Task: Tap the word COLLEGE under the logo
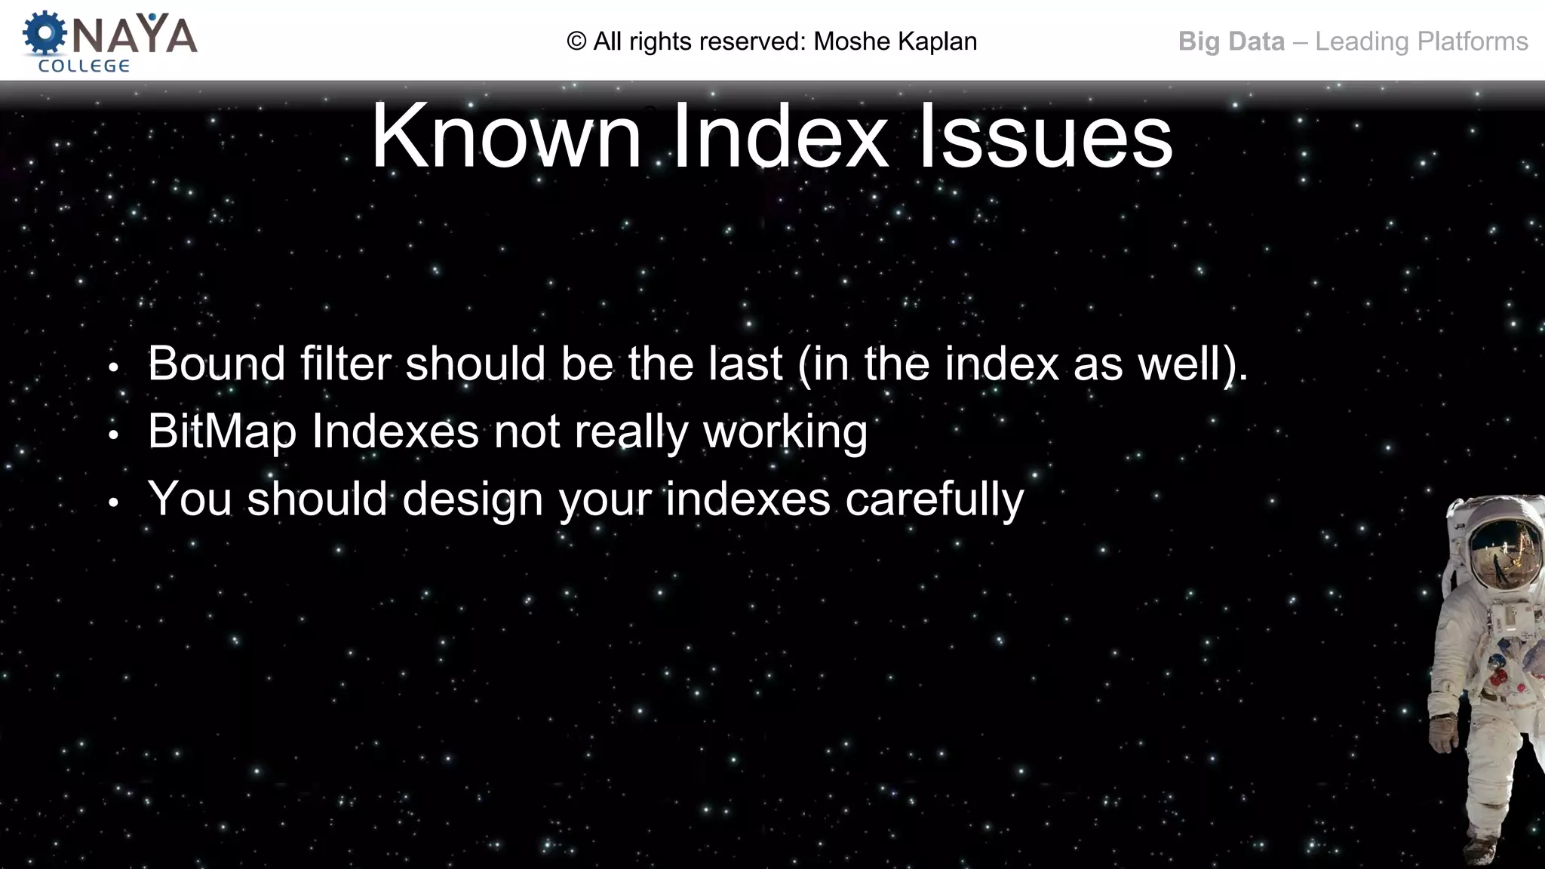click(84, 66)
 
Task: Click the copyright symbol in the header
click(576, 41)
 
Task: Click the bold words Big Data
click(1231, 41)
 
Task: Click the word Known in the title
click(505, 137)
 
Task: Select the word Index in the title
click(780, 137)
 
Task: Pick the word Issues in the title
click(1045, 137)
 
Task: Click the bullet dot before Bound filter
click(113, 368)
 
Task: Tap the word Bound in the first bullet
click(217, 364)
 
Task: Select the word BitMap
click(222, 432)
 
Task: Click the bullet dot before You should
click(113, 503)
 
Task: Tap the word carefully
click(935, 500)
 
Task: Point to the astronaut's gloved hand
click(1444, 732)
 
